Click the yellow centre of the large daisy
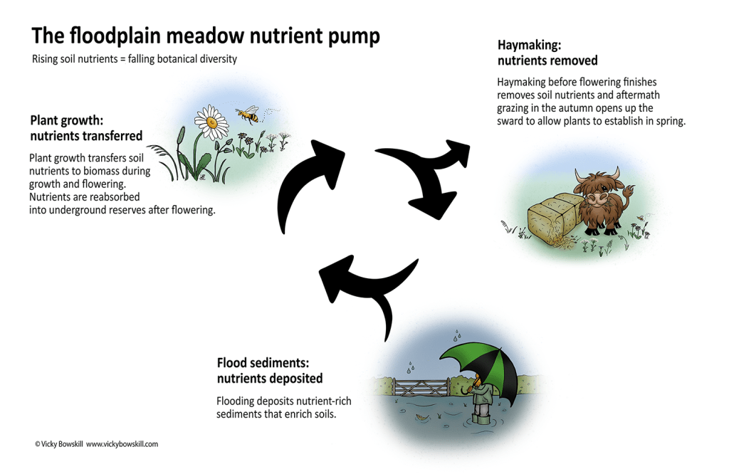(211, 122)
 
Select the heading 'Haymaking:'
(529, 45)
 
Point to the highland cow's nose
(594, 199)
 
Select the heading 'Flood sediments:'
(263, 363)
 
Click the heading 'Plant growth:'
(66, 120)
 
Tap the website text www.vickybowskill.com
(122, 444)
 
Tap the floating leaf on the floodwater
(421, 418)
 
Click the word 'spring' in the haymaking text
(669, 121)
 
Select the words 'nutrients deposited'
(270, 378)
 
